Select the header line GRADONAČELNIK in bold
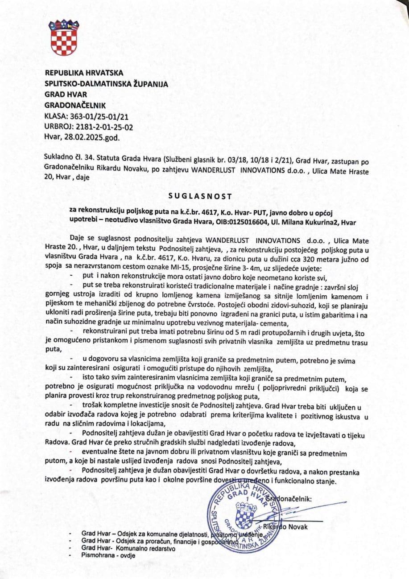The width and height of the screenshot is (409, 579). point(75,106)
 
